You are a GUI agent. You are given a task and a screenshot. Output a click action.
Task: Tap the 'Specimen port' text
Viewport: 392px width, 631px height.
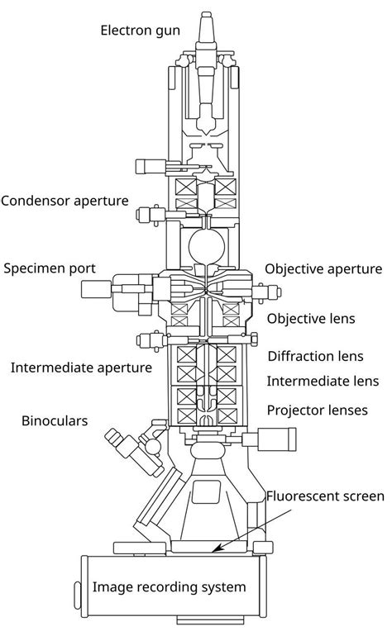tap(50, 268)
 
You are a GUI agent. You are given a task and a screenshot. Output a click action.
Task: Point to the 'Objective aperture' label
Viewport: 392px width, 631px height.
tap(323, 269)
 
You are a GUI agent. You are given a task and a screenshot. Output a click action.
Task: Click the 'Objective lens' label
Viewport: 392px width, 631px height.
tap(311, 318)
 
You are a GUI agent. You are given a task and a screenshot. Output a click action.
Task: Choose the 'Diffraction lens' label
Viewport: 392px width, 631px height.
tap(315, 357)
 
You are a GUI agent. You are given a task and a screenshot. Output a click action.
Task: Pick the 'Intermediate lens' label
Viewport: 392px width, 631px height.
tap(322, 381)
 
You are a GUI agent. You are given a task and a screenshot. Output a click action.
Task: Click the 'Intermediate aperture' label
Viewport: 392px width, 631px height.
tap(81, 367)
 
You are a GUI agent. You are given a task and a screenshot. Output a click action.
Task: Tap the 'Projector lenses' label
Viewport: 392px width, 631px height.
tap(317, 410)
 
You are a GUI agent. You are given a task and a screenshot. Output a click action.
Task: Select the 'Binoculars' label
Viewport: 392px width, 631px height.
tap(54, 421)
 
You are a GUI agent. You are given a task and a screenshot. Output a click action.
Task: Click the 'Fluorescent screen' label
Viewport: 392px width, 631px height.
tap(325, 496)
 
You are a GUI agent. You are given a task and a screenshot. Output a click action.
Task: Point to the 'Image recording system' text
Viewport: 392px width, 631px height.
tap(169, 587)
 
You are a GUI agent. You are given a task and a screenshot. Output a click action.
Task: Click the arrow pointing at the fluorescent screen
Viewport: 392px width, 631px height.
tap(240, 529)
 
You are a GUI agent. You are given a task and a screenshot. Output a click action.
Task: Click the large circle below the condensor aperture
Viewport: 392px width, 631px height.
tap(204, 245)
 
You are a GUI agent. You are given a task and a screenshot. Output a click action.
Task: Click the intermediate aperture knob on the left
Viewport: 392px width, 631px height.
tap(150, 339)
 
